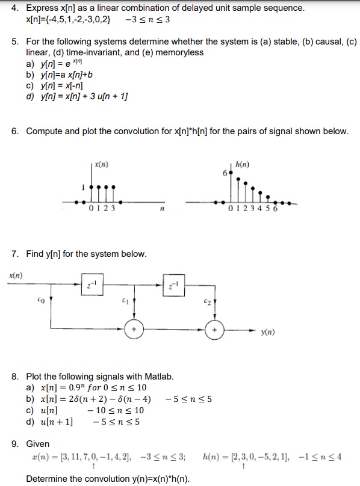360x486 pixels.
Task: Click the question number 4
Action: (x=14, y=8)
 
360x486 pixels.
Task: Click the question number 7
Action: (x=14, y=254)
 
